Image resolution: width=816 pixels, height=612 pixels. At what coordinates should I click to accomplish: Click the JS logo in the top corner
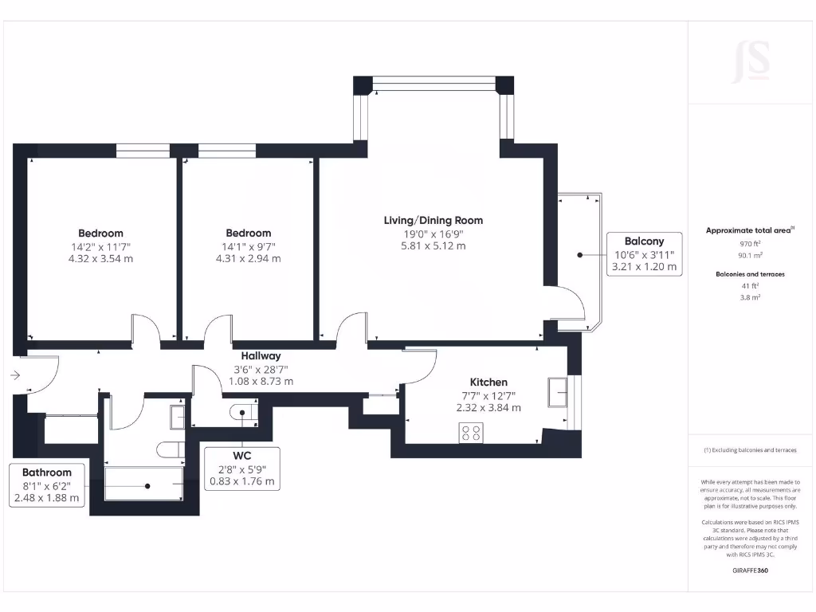pyautogui.click(x=751, y=61)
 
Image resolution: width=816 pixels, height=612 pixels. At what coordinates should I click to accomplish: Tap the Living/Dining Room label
pyautogui.click(x=433, y=221)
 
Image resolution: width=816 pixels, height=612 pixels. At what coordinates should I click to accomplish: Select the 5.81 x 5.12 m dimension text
pyautogui.click(x=433, y=246)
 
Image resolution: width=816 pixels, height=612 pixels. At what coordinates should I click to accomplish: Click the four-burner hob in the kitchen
pyautogui.click(x=471, y=433)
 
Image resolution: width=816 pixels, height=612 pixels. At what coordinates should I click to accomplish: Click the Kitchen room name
pyautogui.click(x=488, y=382)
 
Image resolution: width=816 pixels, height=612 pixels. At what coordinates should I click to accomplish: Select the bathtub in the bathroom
pyautogui.click(x=144, y=484)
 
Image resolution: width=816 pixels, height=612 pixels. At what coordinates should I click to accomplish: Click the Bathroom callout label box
pyautogui.click(x=47, y=485)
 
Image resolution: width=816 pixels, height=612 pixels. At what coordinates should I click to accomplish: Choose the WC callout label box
pyautogui.click(x=241, y=469)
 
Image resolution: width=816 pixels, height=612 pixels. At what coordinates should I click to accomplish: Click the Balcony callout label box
pyautogui.click(x=643, y=254)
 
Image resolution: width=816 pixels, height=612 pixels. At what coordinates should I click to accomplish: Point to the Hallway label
pyautogui.click(x=261, y=356)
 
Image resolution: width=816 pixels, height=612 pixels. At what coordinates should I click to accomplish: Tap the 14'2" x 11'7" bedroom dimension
pyautogui.click(x=100, y=246)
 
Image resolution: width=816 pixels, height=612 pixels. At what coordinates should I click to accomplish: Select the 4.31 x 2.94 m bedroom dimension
pyautogui.click(x=252, y=259)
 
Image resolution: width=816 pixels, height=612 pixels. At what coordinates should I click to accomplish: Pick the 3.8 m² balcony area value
pyautogui.click(x=749, y=296)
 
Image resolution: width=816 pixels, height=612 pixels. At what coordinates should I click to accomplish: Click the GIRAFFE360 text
pyautogui.click(x=749, y=571)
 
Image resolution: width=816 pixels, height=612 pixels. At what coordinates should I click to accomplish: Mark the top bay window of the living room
pyautogui.click(x=433, y=82)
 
